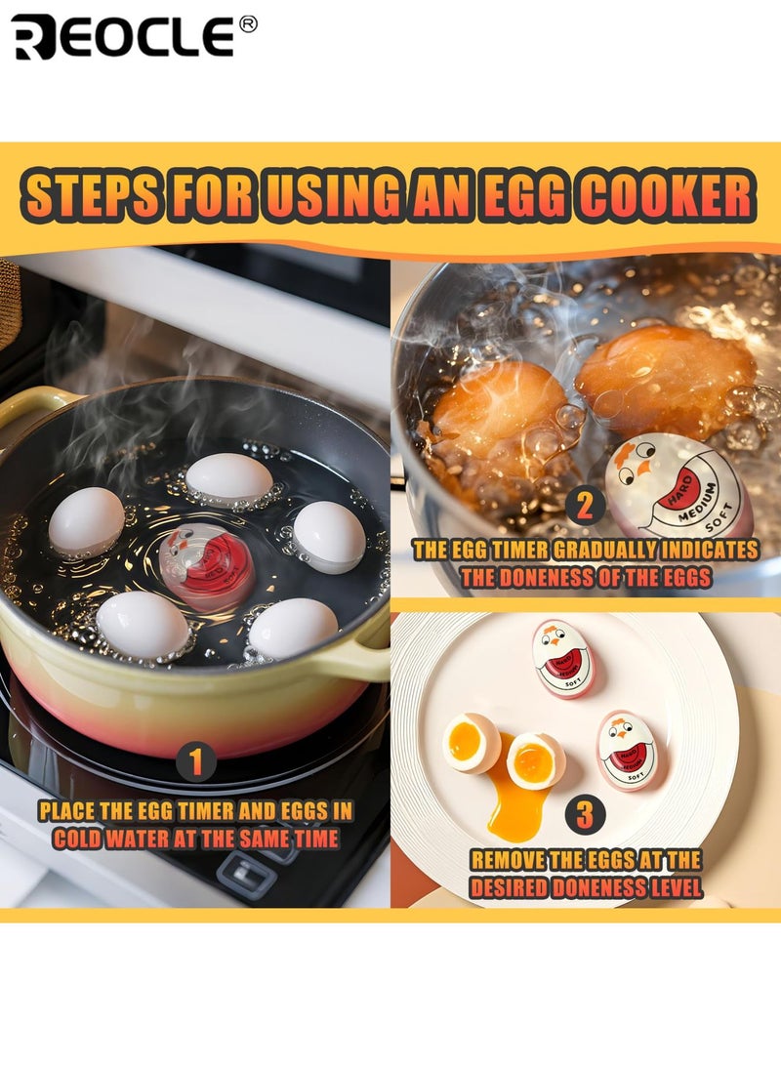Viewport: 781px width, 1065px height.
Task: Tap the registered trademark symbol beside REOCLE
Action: click(x=248, y=24)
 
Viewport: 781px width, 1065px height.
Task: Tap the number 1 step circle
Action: click(x=195, y=761)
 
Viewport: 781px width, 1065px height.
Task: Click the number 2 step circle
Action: click(x=585, y=506)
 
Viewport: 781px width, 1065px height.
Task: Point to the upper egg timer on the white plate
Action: click(x=564, y=658)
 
